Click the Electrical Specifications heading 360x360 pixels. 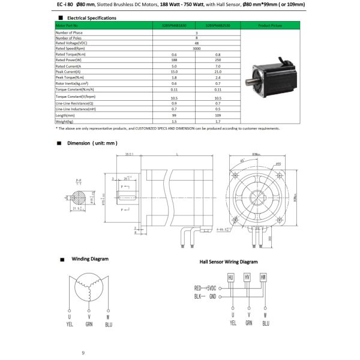coord(90,18)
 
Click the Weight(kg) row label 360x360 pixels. coord(65,121)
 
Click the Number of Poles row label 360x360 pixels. coord(70,37)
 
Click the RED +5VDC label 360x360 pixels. coord(205,288)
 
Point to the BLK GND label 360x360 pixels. coord(203,296)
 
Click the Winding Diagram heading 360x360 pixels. coord(90,259)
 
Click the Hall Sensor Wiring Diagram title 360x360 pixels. coord(228,262)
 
